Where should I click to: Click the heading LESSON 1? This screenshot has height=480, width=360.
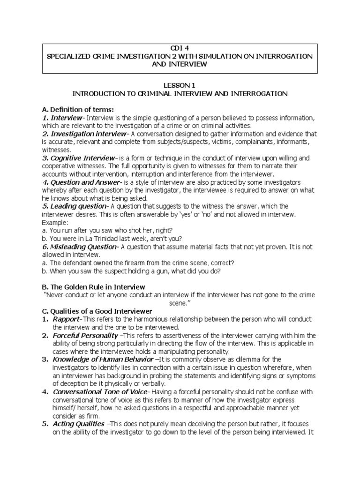pyautogui.click(x=180, y=86)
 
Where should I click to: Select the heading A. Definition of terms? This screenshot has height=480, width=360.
pyautogui.click(x=78, y=109)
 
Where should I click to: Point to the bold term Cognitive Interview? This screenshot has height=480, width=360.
pyautogui.click(x=81, y=158)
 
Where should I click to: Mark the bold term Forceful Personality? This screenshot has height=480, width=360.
pyautogui.click(x=85, y=336)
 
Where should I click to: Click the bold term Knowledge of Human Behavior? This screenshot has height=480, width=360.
pyautogui.click(x=103, y=360)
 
